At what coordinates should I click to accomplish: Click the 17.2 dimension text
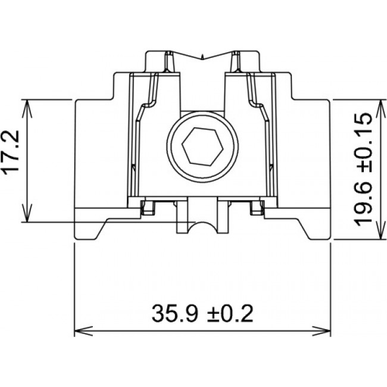12,153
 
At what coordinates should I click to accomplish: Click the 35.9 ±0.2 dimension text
202,312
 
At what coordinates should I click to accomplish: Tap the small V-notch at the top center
203,57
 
